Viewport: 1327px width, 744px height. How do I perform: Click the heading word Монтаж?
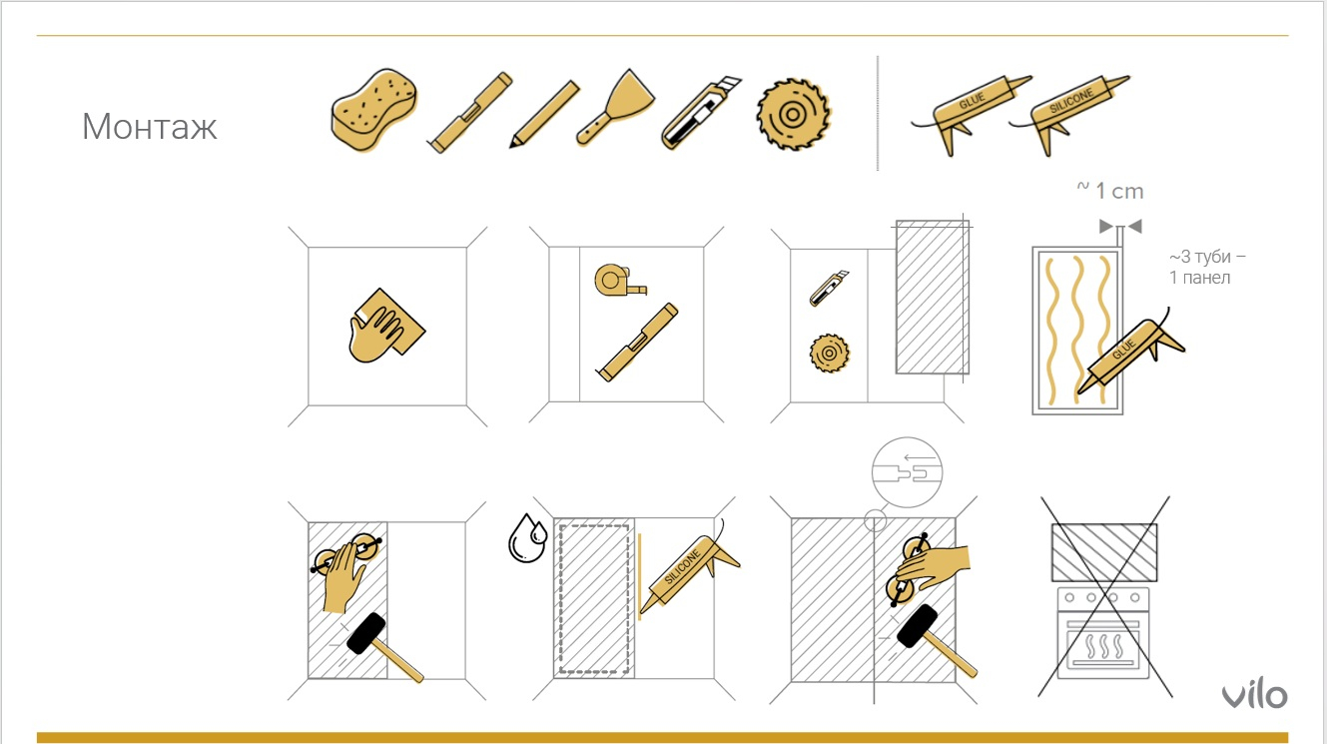click(x=150, y=126)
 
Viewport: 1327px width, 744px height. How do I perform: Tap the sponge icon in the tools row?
click(x=373, y=110)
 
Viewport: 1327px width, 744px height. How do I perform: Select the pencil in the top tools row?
click(x=544, y=114)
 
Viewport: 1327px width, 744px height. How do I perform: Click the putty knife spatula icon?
click(x=615, y=107)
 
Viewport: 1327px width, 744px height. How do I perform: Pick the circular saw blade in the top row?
click(x=793, y=114)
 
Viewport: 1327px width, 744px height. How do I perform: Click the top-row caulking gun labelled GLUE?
click(x=971, y=114)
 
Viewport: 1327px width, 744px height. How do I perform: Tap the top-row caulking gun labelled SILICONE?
click(x=1070, y=114)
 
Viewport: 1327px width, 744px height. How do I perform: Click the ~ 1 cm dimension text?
click(x=1109, y=191)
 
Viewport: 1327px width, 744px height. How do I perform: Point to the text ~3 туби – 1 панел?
click(x=1207, y=267)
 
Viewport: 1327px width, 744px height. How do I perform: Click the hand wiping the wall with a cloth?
click(x=386, y=326)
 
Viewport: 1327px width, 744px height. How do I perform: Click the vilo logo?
click(x=1255, y=695)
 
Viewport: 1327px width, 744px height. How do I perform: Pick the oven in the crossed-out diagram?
click(x=1103, y=632)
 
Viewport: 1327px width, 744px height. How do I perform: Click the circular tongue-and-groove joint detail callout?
click(x=907, y=472)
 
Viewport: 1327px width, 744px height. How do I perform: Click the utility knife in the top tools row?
click(x=701, y=113)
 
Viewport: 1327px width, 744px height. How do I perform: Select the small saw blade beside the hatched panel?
click(x=830, y=354)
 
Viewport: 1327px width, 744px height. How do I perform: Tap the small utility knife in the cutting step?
click(x=829, y=288)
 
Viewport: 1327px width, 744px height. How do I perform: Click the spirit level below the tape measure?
click(x=637, y=342)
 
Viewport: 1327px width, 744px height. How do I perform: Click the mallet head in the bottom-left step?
click(x=366, y=633)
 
